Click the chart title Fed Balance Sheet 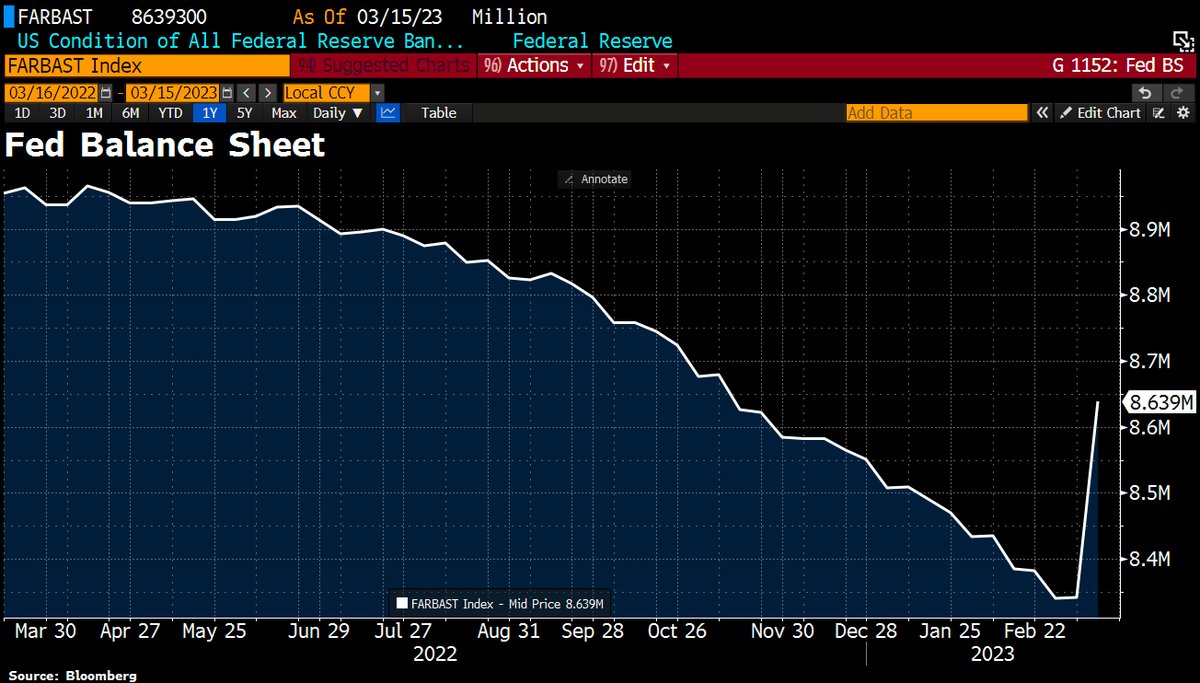[165, 146]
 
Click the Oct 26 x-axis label [677, 632]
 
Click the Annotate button [596, 179]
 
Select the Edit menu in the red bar [637, 66]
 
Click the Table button [438, 113]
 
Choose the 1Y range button [210, 113]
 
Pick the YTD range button [171, 113]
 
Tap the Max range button [284, 113]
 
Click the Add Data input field [936, 113]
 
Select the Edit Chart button [1100, 113]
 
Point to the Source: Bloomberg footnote [72, 675]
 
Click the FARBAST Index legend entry [501, 603]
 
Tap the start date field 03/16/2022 [52, 92]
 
